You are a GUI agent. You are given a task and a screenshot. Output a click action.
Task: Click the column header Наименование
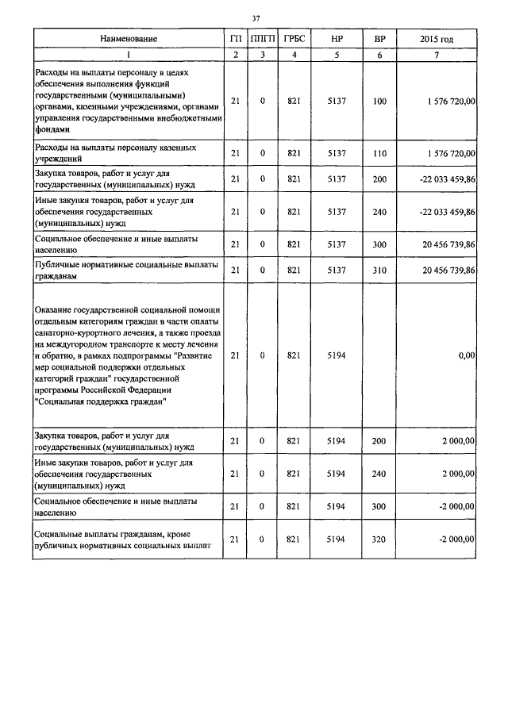click(129, 39)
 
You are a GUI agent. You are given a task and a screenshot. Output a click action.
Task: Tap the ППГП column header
click(262, 39)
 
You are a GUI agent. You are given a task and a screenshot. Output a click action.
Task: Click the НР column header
click(337, 39)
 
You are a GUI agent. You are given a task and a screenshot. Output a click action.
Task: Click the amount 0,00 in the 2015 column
click(465, 357)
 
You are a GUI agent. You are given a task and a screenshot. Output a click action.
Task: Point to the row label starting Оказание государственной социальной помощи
click(127, 356)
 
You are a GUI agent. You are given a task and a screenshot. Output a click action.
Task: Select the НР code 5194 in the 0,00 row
click(337, 357)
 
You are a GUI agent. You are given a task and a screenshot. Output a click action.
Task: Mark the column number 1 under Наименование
click(129, 54)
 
